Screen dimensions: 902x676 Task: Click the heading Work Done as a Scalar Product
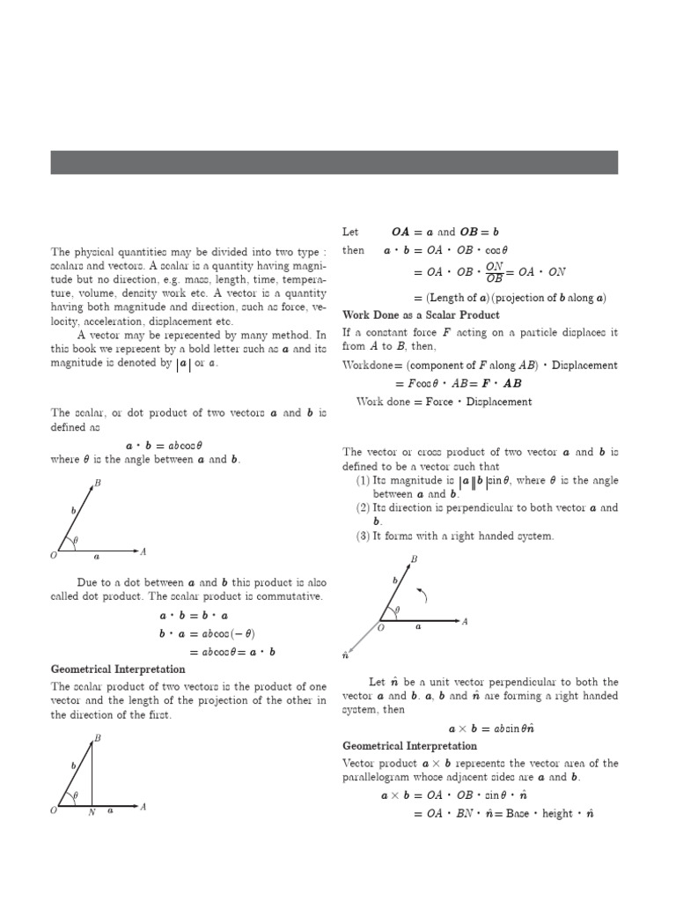pos(421,314)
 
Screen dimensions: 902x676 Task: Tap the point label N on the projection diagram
pos(92,813)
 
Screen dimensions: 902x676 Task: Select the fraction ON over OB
pos(495,272)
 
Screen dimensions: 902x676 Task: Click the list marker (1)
pos(363,481)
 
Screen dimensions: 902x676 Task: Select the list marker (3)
pos(363,536)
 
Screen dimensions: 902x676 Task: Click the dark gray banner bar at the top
pos(334,162)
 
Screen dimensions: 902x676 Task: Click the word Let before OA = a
pos(350,233)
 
